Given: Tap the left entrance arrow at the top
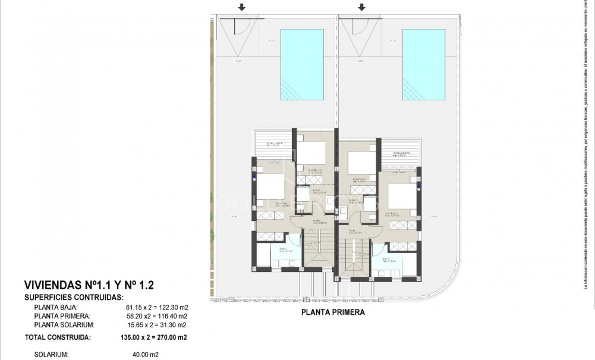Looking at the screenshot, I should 241,8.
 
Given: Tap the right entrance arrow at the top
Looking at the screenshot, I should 362,8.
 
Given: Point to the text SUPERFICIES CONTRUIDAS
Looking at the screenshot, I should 74,297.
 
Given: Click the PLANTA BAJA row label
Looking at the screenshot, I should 54,308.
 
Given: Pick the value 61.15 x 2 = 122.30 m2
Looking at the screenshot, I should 157,308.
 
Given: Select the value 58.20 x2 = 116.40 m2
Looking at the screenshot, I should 157,317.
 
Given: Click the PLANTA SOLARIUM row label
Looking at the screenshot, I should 64,325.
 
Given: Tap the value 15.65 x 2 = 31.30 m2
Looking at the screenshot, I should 157,325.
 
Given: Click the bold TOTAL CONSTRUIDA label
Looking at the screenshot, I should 58,337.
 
